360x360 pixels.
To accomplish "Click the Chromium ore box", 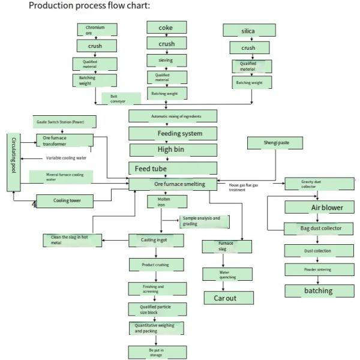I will pos(97,30).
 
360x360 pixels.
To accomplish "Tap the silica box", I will pos(248,30).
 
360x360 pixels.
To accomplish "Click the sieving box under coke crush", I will pos(166,61).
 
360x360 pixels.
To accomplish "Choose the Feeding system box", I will pos(172,133).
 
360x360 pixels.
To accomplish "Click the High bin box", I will pos(172,149).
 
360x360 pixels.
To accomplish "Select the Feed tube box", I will pos(172,168).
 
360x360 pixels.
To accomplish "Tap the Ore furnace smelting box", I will pos(172,184).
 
